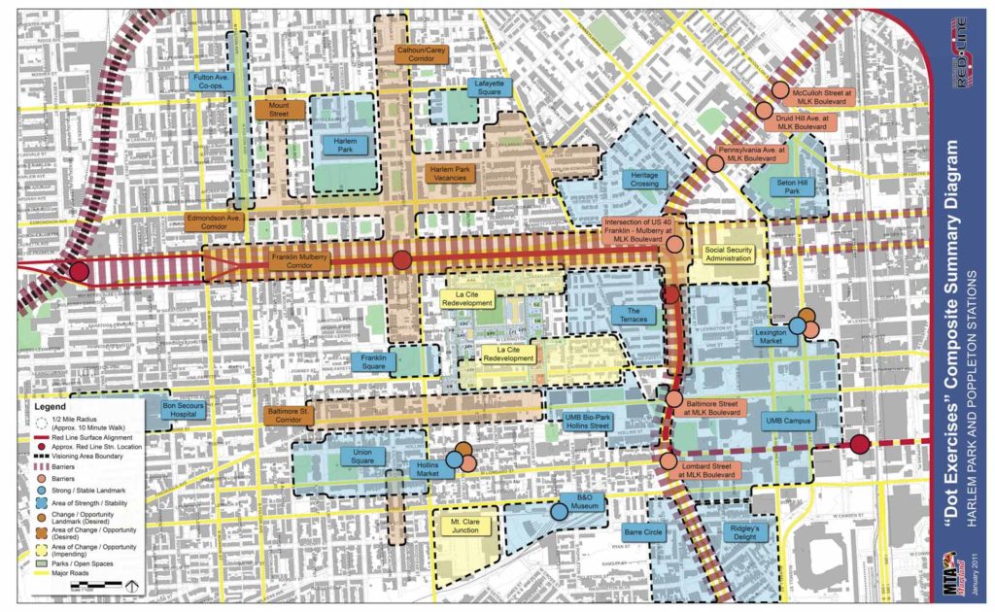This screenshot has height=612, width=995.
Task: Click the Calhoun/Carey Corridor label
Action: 422,53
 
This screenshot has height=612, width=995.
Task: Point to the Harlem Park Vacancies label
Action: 450,174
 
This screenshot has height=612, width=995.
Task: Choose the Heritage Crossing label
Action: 644,180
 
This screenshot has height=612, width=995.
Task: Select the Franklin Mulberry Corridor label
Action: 299,260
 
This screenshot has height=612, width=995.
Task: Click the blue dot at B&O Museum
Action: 559,511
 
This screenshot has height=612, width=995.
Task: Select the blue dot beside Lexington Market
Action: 797,327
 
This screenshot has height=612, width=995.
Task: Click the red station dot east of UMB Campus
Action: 859,445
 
